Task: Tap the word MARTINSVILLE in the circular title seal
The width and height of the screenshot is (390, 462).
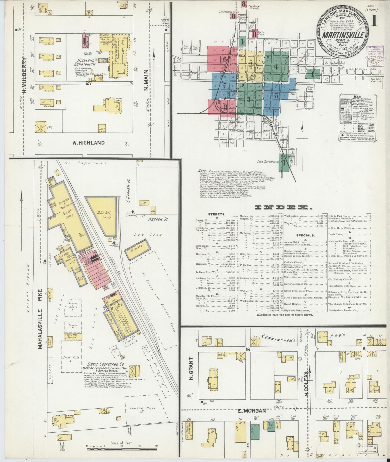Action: (x=343, y=35)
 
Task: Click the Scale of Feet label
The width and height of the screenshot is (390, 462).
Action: (x=121, y=443)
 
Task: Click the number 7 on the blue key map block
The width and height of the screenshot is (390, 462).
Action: (x=225, y=86)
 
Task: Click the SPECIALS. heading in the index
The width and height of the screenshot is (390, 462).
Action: (x=305, y=235)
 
